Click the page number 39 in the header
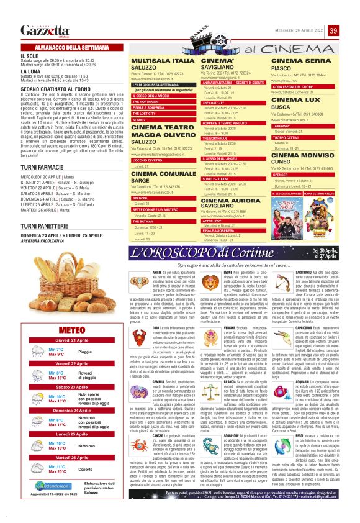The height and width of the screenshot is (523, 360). [x=333, y=31]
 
